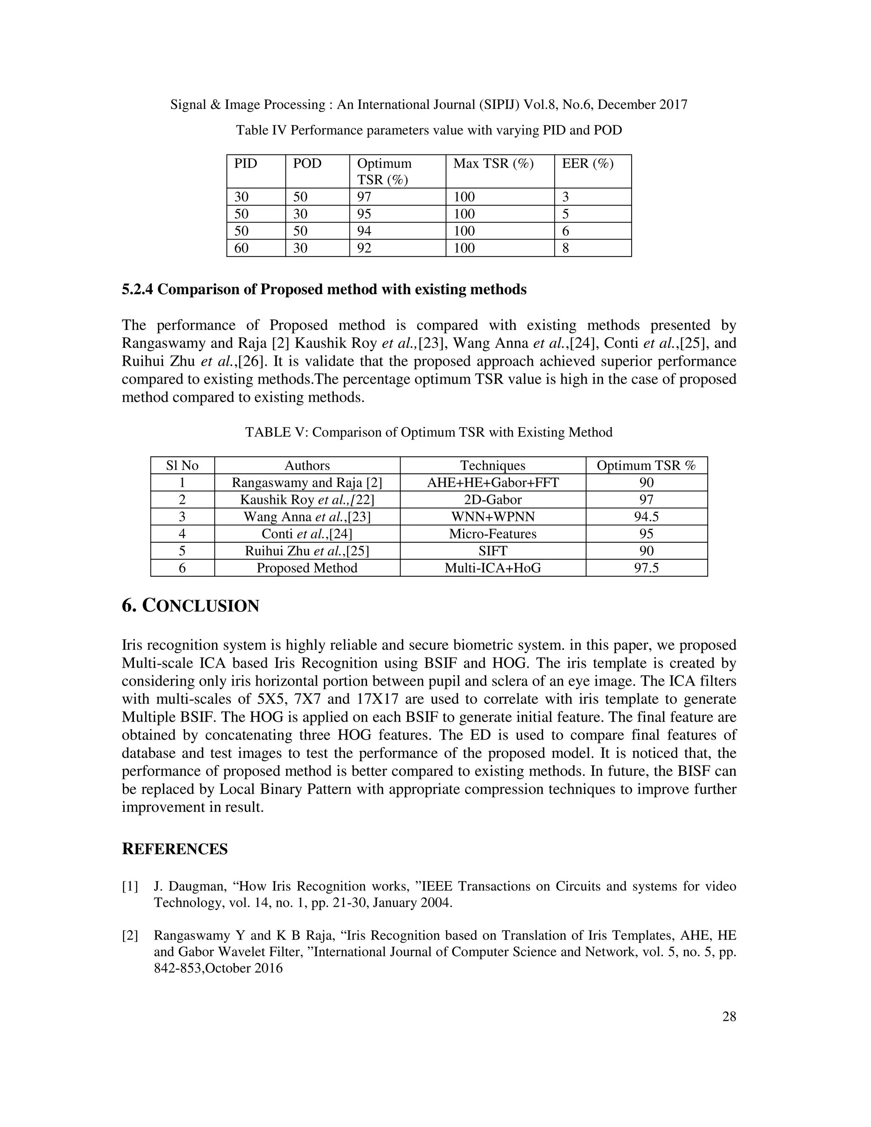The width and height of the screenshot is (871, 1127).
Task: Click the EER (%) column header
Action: coord(587,164)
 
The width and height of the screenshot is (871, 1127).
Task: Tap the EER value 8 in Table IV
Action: coord(566,248)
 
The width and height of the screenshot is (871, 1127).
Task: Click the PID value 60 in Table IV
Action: coord(241,248)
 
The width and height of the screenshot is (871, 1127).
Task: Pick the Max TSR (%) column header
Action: coord(493,164)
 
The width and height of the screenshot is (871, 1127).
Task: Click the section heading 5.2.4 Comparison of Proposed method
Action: coord(324,290)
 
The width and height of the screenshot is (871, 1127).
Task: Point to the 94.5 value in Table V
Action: coord(646,517)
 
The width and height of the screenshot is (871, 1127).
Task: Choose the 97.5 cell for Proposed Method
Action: coord(646,568)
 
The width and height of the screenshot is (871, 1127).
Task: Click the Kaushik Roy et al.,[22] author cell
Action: coord(307,500)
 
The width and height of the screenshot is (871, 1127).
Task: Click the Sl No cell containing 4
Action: coord(182,534)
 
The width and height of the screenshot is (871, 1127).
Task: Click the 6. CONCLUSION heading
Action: coord(191,606)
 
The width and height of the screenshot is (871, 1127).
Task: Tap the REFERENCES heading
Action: coord(174,849)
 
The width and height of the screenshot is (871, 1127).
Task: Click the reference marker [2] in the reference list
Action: coord(130,936)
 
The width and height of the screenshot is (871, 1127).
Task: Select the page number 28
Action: coord(729,1016)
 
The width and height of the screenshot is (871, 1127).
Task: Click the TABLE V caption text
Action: coord(428,433)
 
